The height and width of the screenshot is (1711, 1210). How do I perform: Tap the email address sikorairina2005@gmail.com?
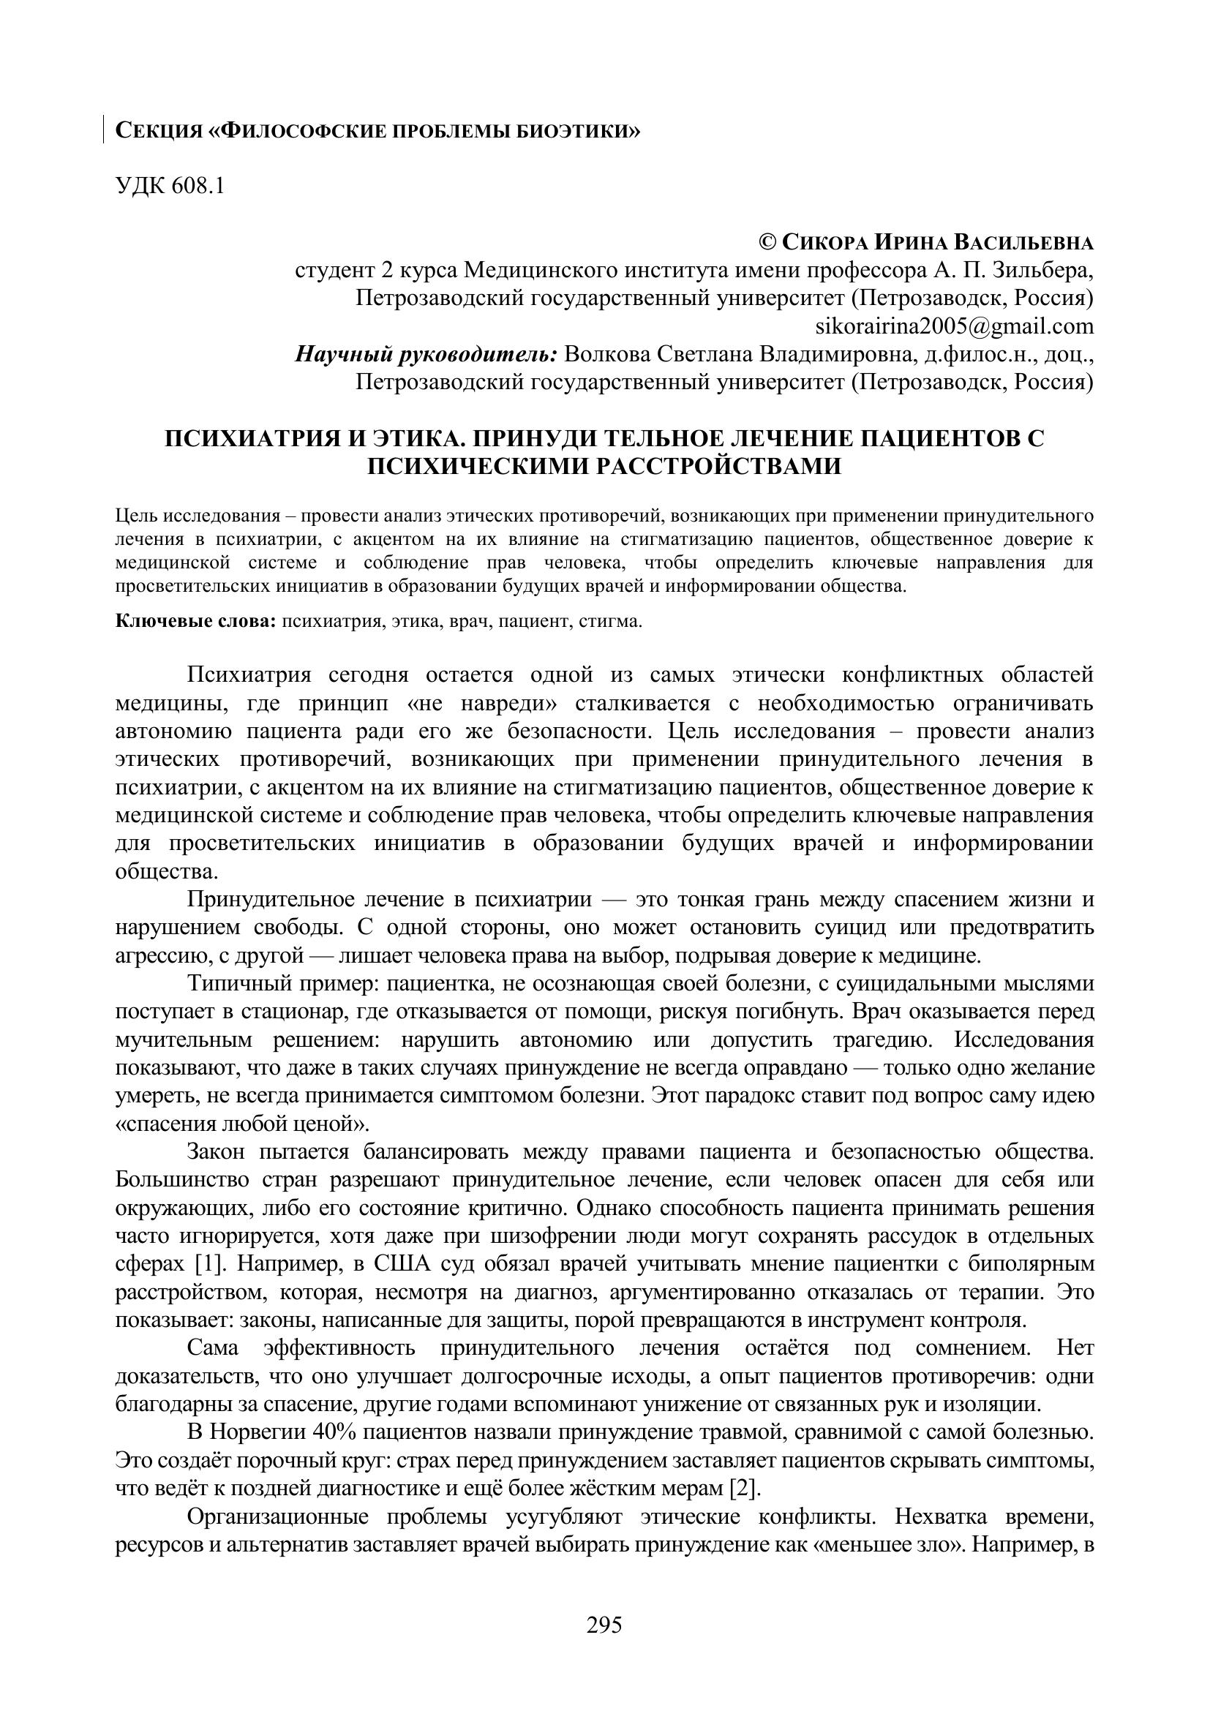pyautogui.click(x=955, y=326)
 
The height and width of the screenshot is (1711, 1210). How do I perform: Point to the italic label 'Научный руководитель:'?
pyautogui.click(x=426, y=354)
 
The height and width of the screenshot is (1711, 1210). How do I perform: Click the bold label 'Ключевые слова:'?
pyautogui.click(x=196, y=621)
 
